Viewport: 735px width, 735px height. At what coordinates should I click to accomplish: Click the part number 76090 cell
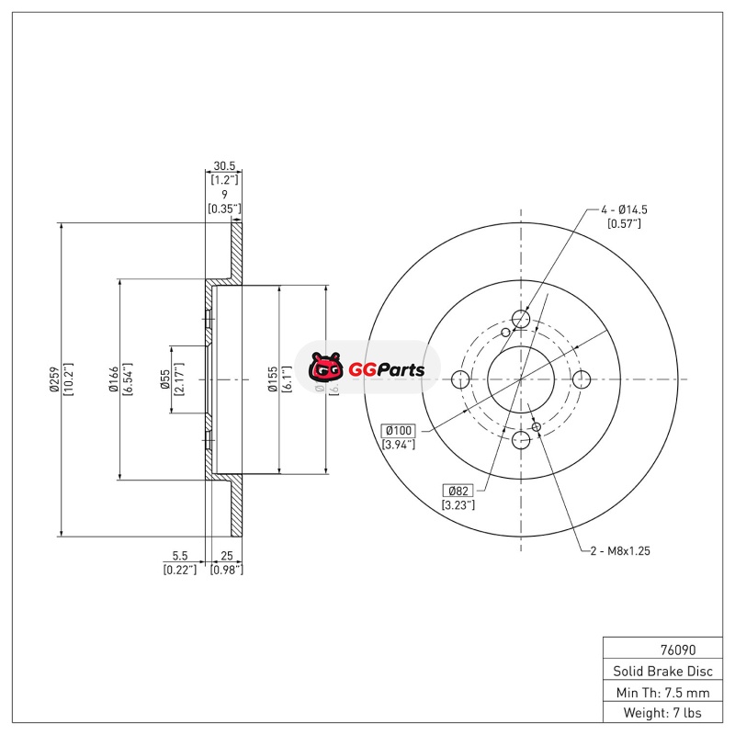657,648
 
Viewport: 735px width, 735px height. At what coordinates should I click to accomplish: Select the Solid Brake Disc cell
657,671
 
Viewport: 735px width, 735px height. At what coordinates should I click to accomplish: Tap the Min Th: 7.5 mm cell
657,692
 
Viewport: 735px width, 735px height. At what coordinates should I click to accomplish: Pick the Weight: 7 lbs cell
657,713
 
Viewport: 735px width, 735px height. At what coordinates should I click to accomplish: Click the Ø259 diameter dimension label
54,379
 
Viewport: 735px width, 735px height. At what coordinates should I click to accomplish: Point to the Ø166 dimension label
112,379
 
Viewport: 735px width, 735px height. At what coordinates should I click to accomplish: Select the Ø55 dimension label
164,379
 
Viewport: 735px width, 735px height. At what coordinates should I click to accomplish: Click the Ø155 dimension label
272,379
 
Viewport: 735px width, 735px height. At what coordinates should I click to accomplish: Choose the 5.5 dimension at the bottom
180,556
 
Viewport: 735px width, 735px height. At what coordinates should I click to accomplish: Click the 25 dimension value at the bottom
226,556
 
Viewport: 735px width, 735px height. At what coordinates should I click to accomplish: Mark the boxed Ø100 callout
398,430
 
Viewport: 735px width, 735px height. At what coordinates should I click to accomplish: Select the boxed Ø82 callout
457,490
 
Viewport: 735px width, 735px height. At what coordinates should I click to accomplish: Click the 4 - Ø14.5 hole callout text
625,209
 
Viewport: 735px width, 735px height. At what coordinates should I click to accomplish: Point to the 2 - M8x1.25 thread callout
621,550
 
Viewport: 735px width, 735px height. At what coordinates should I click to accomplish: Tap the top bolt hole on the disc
521,319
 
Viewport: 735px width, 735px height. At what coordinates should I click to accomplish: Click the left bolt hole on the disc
461,379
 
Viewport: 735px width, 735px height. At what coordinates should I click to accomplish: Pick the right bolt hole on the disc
581,379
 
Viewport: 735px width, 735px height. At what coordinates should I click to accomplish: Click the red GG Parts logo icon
325,369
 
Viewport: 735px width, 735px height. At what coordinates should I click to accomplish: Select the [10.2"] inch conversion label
68,379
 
